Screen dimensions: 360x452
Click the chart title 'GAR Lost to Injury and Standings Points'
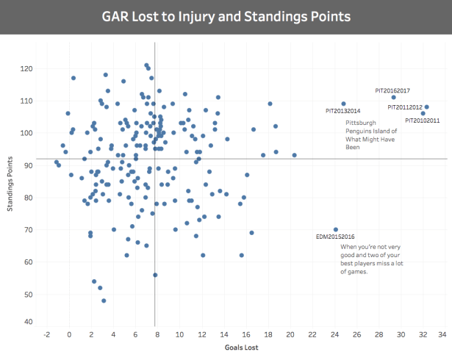pos(226,15)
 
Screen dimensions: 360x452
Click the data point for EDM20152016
pos(336,230)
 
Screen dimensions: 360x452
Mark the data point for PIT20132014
pos(343,104)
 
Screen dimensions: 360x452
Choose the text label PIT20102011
pos(423,120)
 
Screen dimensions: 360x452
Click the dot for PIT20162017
pos(394,98)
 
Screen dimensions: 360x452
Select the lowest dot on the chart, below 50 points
pos(104,300)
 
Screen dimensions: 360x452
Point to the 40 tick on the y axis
pos(28,322)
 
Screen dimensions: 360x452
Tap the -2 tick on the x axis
pos(47,335)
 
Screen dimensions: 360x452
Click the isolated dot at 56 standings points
pos(155,275)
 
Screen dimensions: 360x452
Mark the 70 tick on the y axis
pos(28,230)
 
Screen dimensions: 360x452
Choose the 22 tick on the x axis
pos(312,335)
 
